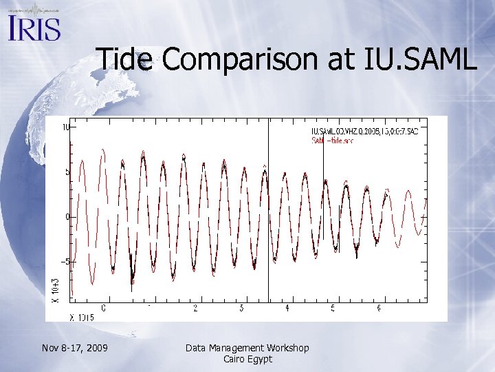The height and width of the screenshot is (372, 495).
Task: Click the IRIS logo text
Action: click(34, 28)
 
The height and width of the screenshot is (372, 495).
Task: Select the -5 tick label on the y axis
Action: click(65, 262)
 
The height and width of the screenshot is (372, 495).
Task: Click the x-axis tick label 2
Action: click(196, 308)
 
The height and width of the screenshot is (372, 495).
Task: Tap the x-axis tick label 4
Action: click(287, 308)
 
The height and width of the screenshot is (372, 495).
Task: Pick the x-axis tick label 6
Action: click(379, 308)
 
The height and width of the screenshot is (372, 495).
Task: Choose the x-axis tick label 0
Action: click(104, 308)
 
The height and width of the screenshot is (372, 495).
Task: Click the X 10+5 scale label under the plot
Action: click(82, 317)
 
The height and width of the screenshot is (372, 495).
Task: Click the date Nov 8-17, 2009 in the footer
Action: click(74, 348)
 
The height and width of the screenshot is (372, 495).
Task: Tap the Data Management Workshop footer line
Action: click(247, 348)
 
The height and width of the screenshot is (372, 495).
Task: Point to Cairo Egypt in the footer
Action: click(247, 359)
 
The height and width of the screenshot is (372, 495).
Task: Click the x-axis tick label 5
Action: click(333, 308)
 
